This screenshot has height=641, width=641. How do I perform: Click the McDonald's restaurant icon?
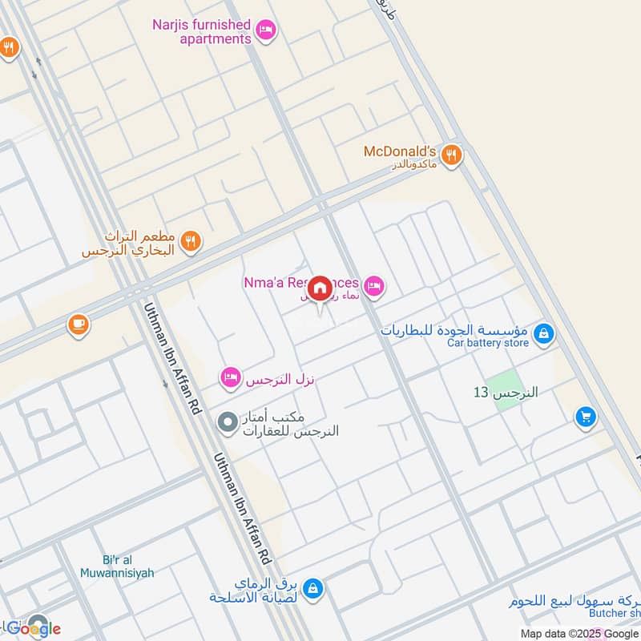[452, 155]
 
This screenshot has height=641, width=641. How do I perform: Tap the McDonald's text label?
[400, 151]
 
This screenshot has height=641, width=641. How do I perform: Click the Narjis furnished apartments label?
[201, 32]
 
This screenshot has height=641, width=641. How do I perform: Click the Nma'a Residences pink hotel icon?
[373, 285]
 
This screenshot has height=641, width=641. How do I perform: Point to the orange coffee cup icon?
[78, 325]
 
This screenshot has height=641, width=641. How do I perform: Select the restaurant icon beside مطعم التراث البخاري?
[190, 241]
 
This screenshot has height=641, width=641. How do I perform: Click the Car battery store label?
[488, 343]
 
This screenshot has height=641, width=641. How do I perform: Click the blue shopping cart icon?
[586, 417]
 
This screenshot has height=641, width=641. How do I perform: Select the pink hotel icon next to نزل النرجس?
[231, 377]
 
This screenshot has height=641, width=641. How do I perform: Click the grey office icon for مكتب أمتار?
[228, 421]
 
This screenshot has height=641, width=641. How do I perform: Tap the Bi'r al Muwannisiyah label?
[116, 566]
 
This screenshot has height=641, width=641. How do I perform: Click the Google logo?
[34, 628]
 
